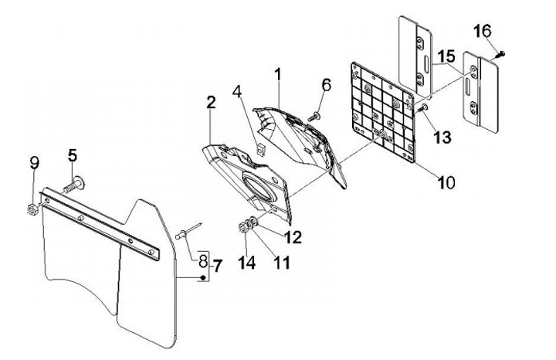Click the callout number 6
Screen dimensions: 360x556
click(x=326, y=84)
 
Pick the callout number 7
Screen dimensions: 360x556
click(x=217, y=266)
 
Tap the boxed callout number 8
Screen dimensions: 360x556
click(x=203, y=260)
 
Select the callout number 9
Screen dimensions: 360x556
click(x=33, y=162)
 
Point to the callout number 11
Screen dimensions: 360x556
click(x=281, y=262)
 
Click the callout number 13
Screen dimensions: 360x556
click(x=442, y=138)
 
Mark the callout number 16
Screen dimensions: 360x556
click(x=482, y=32)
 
